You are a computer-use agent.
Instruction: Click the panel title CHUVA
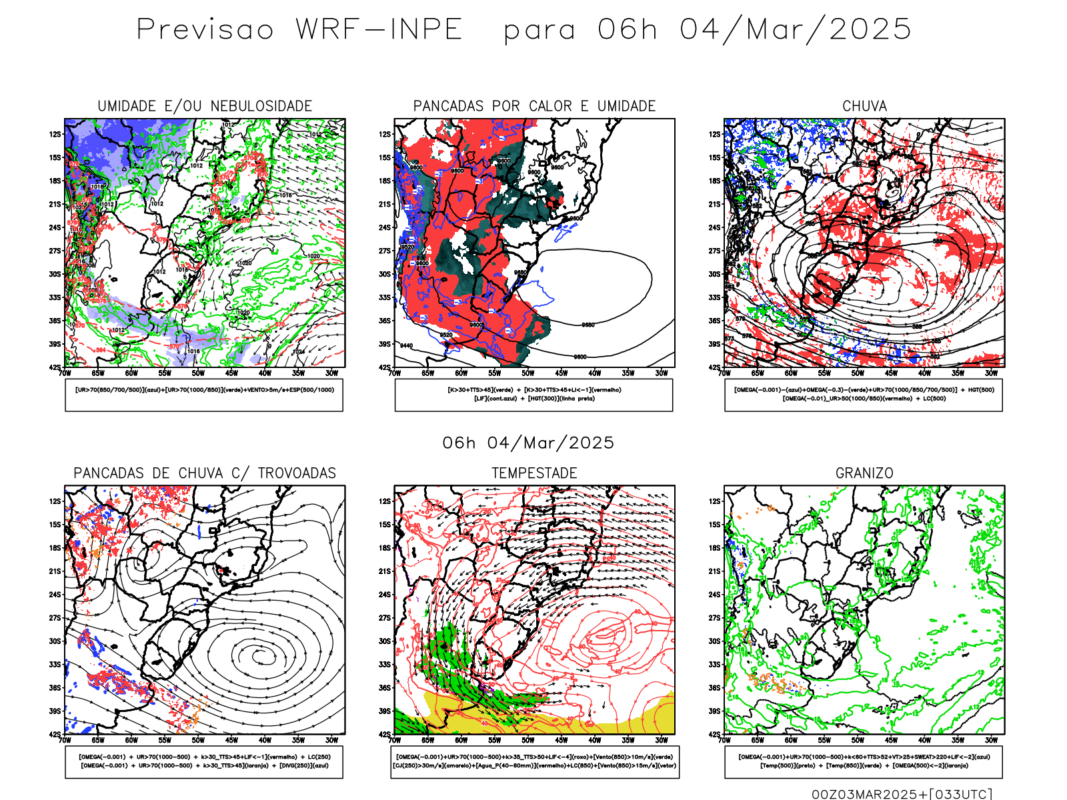click(864, 106)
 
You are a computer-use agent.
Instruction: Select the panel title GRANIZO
click(864, 473)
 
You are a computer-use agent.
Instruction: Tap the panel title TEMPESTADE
click(534, 473)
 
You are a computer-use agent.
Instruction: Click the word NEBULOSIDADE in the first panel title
click(261, 106)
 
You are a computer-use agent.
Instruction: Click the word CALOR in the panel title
click(551, 106)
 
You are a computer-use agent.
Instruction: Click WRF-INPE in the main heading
click(379, 29)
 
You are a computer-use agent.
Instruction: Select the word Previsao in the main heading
click(205, 29)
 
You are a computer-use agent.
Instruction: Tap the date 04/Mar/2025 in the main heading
click(796, 29)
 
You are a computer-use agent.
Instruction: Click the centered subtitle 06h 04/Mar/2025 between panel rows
click(528, 443)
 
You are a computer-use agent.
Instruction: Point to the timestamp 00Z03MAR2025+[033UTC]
click(902, 794)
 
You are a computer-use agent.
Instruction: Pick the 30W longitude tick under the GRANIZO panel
click(991, 740)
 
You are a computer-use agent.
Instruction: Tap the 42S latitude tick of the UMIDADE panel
click(55, 367)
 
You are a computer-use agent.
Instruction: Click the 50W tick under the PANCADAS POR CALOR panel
click(528, 373)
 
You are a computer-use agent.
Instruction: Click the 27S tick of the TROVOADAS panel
click(55, 617)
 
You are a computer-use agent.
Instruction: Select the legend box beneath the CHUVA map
click(864, 395)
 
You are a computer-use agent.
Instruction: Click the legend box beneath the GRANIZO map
click(864, 761)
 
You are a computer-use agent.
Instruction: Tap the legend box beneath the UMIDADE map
click(204, 395)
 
